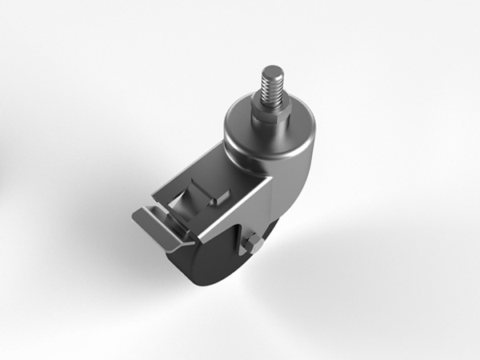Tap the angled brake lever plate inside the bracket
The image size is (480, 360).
tap(192, 200)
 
